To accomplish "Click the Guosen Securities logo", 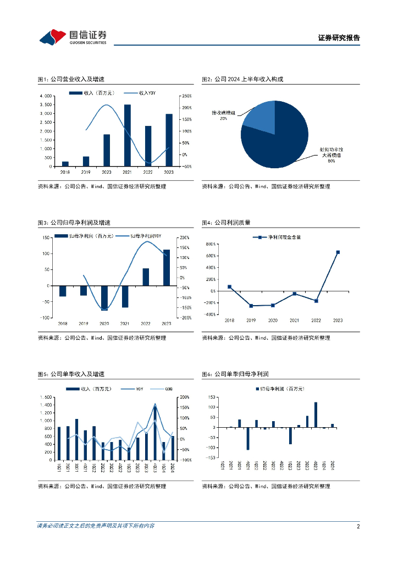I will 72,37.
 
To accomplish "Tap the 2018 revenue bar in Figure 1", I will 65,164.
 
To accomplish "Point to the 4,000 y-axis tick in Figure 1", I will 46,96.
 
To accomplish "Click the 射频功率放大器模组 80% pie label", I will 331,155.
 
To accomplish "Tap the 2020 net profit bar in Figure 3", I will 104,297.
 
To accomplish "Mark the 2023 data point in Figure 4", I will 338,252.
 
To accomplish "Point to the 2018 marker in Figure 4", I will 230,287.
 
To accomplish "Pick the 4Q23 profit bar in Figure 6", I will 316,415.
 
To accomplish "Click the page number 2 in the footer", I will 358,526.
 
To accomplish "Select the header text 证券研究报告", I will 339,38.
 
